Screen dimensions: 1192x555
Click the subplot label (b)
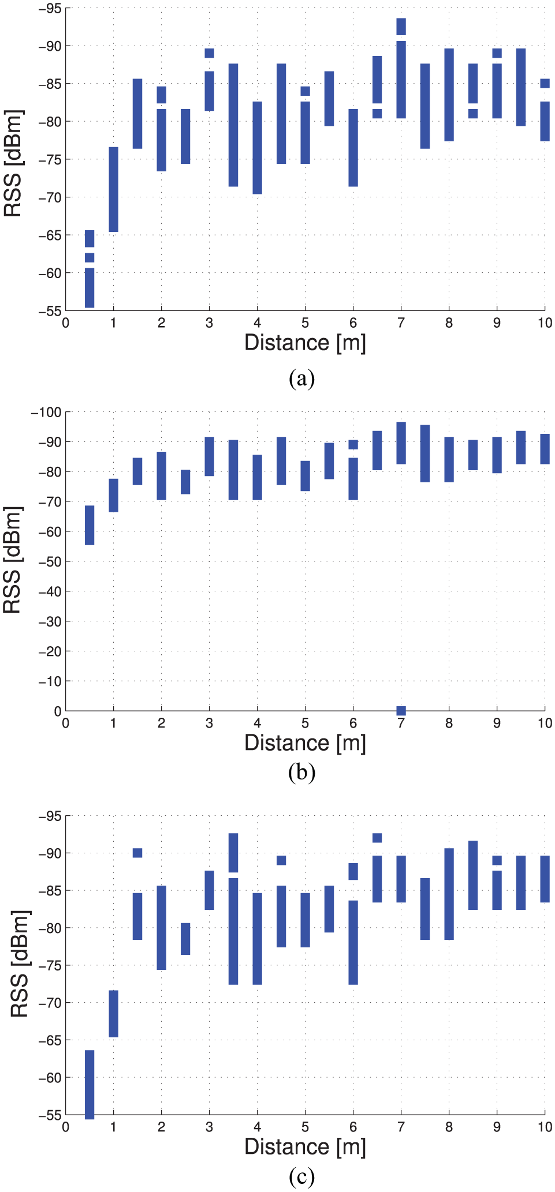[301, 772]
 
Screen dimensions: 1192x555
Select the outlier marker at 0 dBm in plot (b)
[401, 710]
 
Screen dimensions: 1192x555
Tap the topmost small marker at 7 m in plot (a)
[401, 27]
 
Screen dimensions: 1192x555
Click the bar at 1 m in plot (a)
[114, 189]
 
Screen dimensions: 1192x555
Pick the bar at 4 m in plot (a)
[258, 148]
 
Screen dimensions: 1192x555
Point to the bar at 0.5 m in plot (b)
[90, 525]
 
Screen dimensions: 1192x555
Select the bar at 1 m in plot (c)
[114, 1014]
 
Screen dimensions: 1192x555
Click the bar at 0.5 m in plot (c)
[90, 1084]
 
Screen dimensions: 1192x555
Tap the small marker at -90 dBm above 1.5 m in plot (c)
[137, 853]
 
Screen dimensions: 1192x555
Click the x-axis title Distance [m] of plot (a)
[305, 343]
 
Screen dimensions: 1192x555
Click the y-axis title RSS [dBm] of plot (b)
[13, 560]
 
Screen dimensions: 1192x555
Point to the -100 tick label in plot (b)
[46, 412]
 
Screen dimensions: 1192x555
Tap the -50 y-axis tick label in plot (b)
[49, 561]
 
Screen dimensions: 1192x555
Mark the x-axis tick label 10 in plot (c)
[545, 1127]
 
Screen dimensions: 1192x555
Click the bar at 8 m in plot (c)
[449, 894]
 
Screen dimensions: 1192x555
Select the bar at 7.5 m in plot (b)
[425, 453]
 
